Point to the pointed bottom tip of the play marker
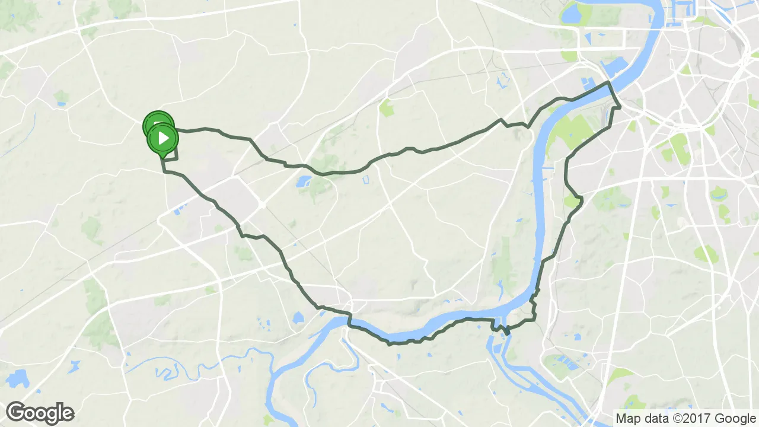(x=162, y=158)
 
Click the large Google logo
(x=40, y=413)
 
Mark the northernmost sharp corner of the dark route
(x=608, y=82)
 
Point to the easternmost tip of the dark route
(x=620, y=107)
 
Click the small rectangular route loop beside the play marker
(x=170, y=153)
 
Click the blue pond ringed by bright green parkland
(x=304, y=180)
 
